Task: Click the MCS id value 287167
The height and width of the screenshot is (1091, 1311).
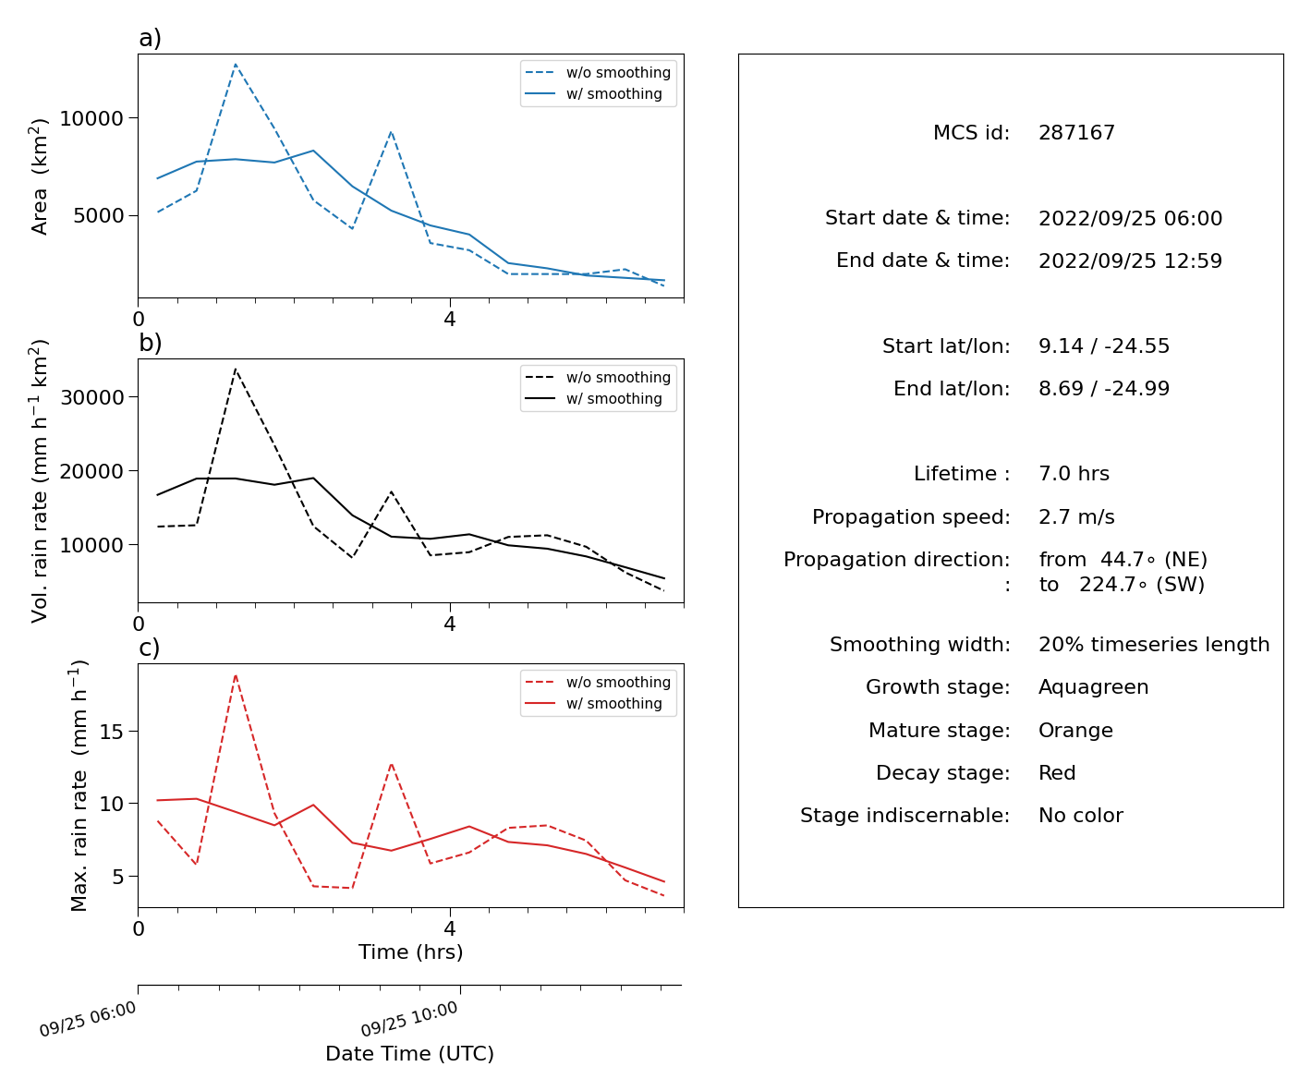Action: [1076, 132]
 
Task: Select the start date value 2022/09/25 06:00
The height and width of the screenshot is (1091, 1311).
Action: [1130, 218]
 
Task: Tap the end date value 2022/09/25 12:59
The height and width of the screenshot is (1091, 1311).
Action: [1130, 261]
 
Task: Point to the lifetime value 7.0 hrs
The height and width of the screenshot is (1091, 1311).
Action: [1074, 473]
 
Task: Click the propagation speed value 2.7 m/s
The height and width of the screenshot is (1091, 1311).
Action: [1076, 516]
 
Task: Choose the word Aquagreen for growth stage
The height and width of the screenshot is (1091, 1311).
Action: [1093, 687]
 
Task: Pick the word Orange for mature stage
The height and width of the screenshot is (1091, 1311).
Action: [1075, 731]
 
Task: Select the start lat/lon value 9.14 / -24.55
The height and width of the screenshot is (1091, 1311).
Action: [1104, 345]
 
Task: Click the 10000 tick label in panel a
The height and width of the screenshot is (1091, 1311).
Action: [91, 118]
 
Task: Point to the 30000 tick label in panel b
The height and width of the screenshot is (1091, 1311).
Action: [91, 397]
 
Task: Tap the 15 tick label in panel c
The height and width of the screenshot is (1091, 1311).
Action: [111, 732]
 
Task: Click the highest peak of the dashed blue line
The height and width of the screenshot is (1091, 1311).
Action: [235, 64]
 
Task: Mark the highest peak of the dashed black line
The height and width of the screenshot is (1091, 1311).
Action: [235, 370]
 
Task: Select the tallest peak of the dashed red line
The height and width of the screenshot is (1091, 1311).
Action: [235, 674]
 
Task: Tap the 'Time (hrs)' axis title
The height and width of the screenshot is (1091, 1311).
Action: [410, 952]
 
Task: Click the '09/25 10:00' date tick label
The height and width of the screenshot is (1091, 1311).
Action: [408, 1019]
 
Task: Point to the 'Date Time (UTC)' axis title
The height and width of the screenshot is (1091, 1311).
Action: [409, 1053]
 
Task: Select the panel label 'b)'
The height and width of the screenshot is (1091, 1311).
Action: [150, 343]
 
